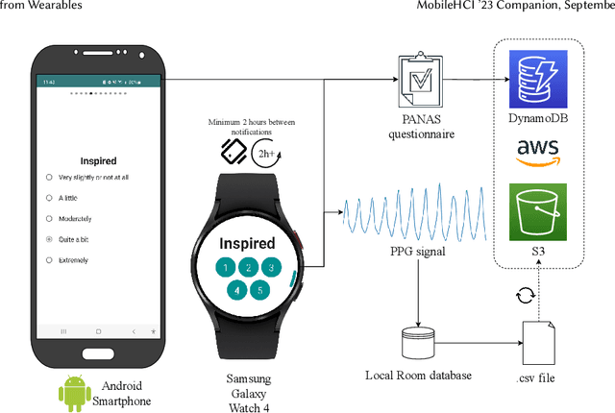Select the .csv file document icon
click(535, 340)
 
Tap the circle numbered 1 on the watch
click(224, 268)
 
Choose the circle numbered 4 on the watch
click(236, 289)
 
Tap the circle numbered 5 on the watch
click(260, 289)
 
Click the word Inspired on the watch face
click(248, 244)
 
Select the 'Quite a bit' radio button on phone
click(49, 239)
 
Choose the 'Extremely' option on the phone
click(49, 260)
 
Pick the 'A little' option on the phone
click(49, 198)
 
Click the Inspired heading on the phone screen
click(101, 160)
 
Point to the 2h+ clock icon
click(265, 152)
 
